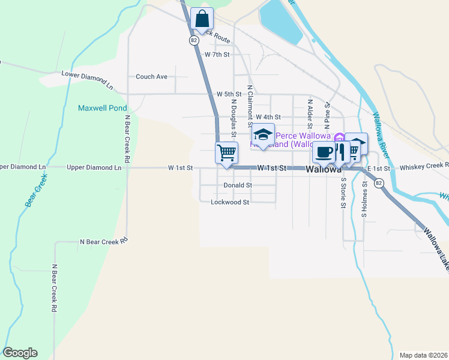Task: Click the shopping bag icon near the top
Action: click(202, 19)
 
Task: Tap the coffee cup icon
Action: click(324, 152)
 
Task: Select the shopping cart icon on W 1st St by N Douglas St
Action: click(226, 152)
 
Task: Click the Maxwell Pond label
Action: click(103, 109)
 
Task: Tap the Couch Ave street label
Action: click(151, 77)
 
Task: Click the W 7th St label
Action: click(217, 55)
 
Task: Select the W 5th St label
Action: click(229, 94)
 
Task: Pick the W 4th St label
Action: click(268, 117)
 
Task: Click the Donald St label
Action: click(238, 185)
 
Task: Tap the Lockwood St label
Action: click(230, 203)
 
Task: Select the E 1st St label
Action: click(379, 169)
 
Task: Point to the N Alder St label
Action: click(310, 114)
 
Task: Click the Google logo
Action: click(20, 353)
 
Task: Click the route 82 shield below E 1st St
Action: click(379, 184)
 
